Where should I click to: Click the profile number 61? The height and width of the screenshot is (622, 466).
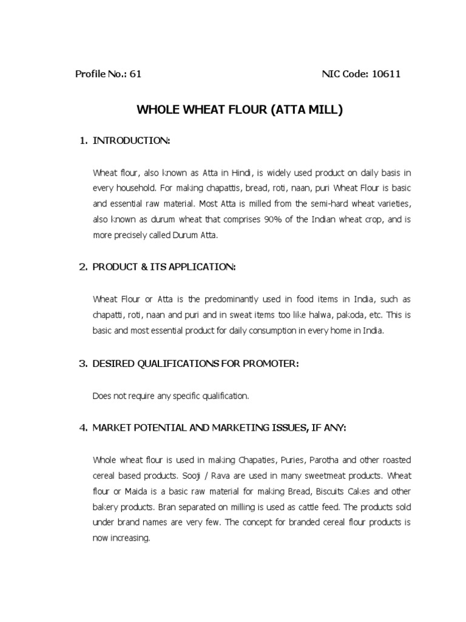(135, 74)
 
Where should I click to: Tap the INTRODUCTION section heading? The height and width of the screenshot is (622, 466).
(131, 141)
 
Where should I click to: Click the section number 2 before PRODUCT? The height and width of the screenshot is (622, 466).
(84, 267)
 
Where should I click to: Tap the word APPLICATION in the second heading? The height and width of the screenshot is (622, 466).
(200, 267)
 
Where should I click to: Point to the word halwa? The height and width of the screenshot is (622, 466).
(314, 315)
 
